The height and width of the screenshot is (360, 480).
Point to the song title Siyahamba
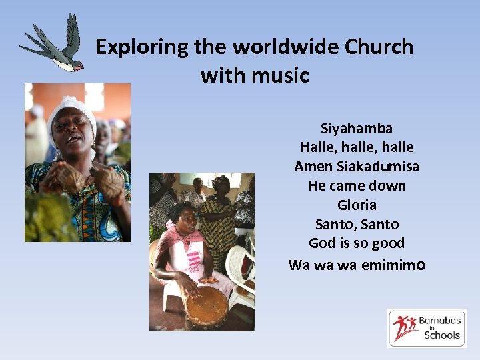(x=357, y=128)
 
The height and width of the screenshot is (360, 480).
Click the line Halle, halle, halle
(x=357, y=147)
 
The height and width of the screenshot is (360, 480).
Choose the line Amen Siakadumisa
(x=357, y=166)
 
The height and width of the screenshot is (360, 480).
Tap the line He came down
(x=357, y=185)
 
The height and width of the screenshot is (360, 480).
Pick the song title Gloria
(x=357, y=205)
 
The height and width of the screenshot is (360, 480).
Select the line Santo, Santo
(x=357, y=224)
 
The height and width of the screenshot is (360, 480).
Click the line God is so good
(x=357, y=243)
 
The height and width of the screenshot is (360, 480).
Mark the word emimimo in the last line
(x=393, y=265)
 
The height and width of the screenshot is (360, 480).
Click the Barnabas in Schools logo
(x=427, y=327)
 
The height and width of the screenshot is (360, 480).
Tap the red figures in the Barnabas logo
(x=405, y=327)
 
